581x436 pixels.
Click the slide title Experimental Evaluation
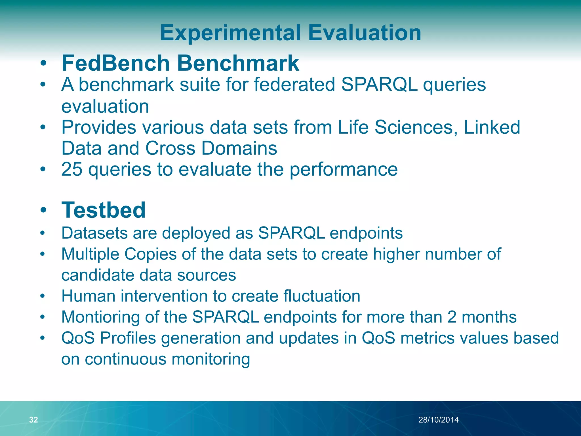click(x=290, y=33)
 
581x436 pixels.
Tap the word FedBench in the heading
click(x=116, y=63)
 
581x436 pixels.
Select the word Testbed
click(x=104, y=210)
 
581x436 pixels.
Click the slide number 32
click(x=33, y=420)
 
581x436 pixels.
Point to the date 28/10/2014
click(x=439, y=420)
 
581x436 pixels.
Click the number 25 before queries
click(x=72, y=169)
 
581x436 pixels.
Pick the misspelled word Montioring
click(x=100, y=317)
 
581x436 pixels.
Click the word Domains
click(x=239, y=148)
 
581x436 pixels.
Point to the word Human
click(x=89, y=296)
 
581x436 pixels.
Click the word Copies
click(x=150, y=254)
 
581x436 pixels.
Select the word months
click(x=489, y=317)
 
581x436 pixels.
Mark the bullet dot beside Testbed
click(x=43, y=210)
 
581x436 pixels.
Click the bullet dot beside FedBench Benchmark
click(x=43, y=63)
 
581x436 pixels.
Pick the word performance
click(x=344, y=169)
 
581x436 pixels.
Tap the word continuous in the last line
click(x=125, y=359)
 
